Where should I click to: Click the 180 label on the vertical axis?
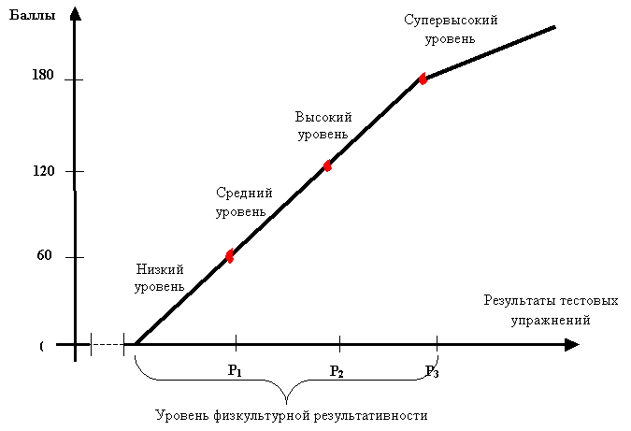(x=43, y=76)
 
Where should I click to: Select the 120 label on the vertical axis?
(x=43, y=172)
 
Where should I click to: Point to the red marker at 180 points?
(x=423, y=79)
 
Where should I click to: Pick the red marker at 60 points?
(x=230, y=255)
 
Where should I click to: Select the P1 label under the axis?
(x=236, y=370)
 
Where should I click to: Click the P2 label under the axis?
(x=337, y=371)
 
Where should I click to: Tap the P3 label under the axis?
(x=433, y=371)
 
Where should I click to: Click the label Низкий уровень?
(x=159, y=277)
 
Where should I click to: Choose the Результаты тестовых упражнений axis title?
(x=551, y=309)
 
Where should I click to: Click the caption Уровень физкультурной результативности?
(x=291, y=414)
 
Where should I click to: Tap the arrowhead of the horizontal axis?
(x=572, y=345)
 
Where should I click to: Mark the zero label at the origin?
(x=41, y=347)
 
